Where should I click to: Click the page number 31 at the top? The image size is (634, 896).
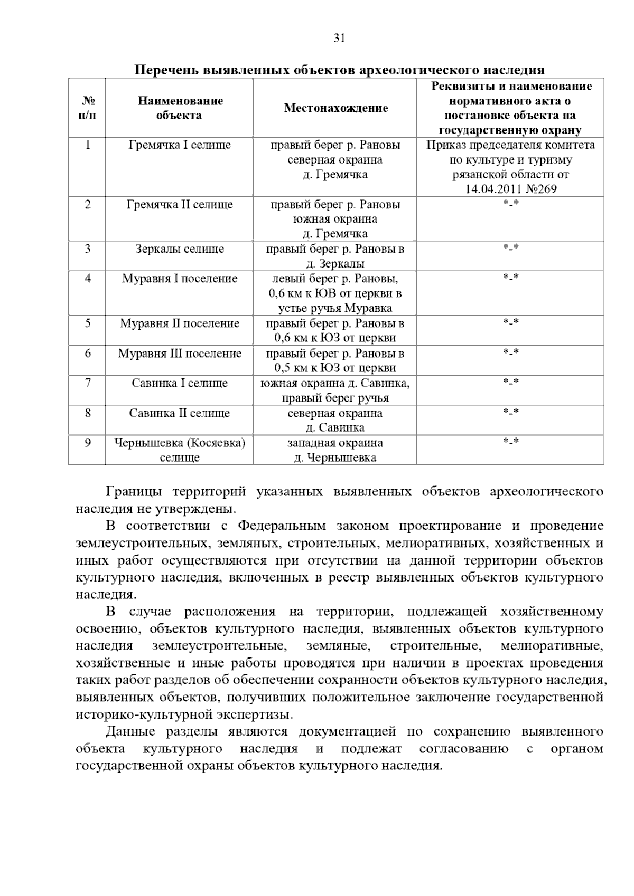[339, 38]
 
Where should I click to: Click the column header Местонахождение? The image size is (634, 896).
[335, 108]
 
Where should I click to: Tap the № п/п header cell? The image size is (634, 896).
[87, 108]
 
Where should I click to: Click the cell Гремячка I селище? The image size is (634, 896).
[179, 145]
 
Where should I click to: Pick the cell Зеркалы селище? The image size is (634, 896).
[179, 249]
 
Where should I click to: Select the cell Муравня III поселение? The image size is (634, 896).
[179, 354]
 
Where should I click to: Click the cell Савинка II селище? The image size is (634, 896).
[179, 413]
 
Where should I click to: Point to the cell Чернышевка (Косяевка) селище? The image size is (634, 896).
[179, 450]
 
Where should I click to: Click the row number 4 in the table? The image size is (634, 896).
[88, 279]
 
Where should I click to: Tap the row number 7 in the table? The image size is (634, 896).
[88, 383]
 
